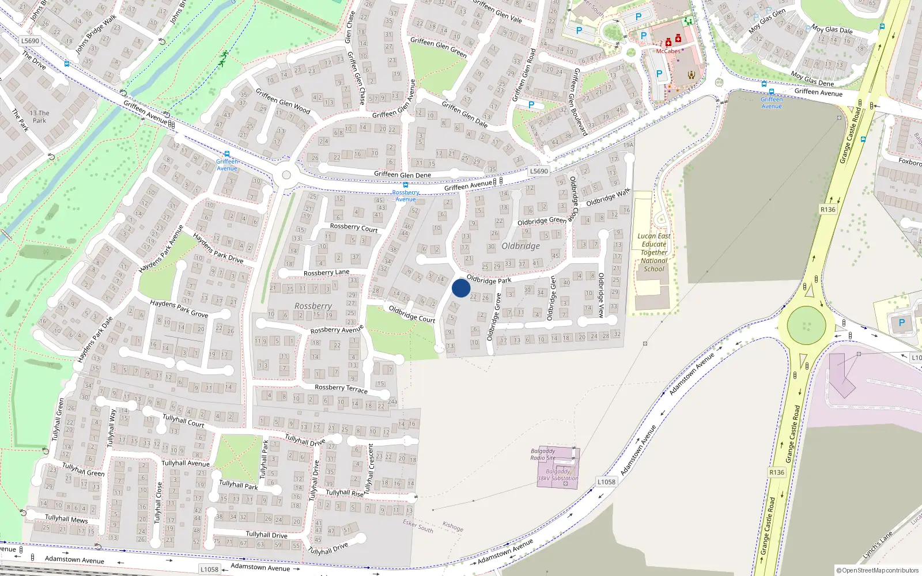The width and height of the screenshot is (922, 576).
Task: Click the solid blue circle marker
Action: coord(461,288)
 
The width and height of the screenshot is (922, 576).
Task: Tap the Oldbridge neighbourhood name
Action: coord(520,246)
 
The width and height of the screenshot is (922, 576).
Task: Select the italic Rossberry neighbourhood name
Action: coord(313,306)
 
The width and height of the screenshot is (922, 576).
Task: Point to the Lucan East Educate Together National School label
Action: coord(653,252)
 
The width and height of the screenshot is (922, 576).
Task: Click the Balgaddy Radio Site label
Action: coord(543,454)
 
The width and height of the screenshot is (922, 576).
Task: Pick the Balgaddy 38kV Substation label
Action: coord(557,475)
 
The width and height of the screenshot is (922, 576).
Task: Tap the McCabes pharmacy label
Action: coord(668,51)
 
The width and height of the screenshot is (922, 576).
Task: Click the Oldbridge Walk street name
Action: coord(608,197)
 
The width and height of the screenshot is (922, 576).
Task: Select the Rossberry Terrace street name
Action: coord(341,388)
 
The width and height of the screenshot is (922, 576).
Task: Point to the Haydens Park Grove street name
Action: coord(179,308)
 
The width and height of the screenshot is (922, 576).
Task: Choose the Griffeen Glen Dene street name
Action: coord(402,175)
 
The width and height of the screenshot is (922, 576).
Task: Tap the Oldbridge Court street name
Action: coord(411,314)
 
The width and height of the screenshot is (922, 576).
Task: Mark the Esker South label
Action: coord(418,526)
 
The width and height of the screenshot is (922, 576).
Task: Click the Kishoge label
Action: coord(453,526)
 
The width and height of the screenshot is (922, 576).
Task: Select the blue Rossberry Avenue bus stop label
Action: coord(406,196)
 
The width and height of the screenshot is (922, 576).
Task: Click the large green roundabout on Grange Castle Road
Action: coord(806,325)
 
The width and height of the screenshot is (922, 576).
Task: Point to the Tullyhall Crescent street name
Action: coord(371,468)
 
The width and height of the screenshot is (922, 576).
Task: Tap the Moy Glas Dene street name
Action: coord(812,79)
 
